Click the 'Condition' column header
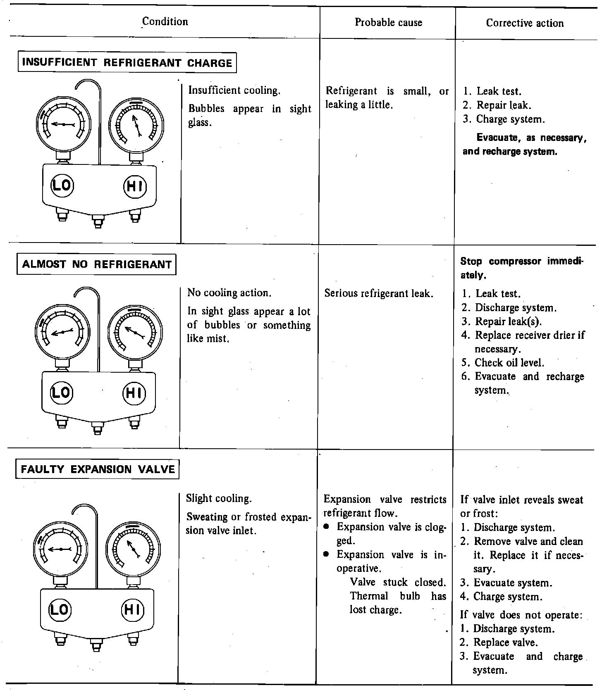[165, 21]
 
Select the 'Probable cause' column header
[388, 22]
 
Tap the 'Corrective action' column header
[525, 23]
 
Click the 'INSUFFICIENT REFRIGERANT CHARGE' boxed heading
[127, 63]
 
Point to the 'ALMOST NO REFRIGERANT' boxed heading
[96, 264]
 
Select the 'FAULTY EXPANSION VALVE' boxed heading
[98, 469]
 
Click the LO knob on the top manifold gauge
[62, 185]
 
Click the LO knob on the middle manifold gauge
[61, 392]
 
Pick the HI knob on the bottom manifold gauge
[132, 609]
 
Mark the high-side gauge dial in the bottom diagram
[133, 549]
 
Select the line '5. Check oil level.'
[503, 363]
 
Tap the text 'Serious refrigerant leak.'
[379, 293]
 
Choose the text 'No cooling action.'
[229, 293]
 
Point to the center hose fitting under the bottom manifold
[96, 645]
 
